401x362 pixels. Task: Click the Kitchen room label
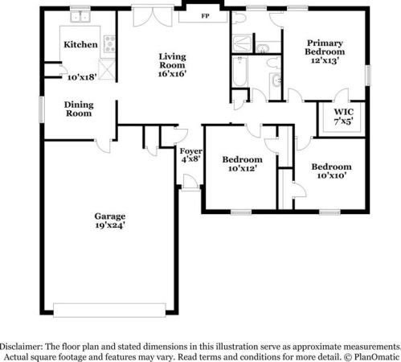click(x=81, y=45)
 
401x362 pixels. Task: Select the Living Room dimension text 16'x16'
click(x=172, y=72)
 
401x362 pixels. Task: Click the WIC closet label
click(x=342, y=111)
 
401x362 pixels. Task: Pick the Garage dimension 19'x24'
click(x=110, y=225)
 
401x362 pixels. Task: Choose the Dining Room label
click(x=79, y=109)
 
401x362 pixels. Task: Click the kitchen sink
click(x=80, y=16)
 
